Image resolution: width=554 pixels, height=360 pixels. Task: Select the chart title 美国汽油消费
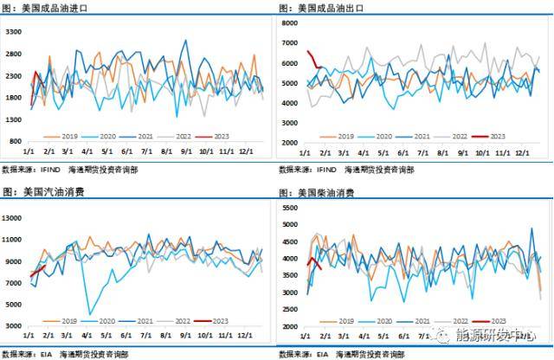[x=48, y=191]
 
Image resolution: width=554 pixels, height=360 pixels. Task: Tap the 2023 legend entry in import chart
[x=216, y=136]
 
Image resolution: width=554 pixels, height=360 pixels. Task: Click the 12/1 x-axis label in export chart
[x=521, y=151]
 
